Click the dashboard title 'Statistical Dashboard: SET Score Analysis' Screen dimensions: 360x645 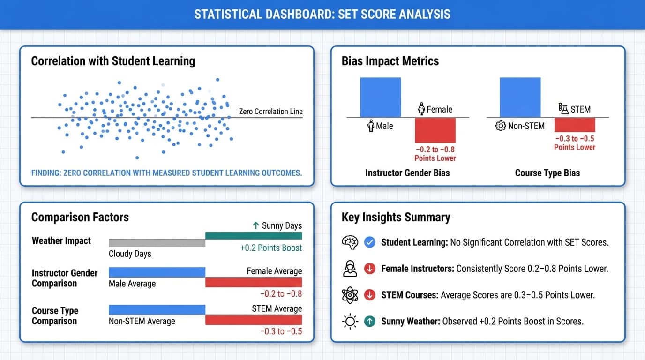(322, 14)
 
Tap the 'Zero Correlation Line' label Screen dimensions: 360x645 (270, 112)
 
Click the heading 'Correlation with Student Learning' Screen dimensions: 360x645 (113, 61)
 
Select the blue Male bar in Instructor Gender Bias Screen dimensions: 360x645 (380, 97)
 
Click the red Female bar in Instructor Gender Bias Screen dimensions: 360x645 (435, 130)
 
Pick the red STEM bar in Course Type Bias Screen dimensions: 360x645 (575, 125)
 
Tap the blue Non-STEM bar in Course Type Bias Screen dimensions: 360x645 (520, 97)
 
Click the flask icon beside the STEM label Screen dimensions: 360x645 (563, 109)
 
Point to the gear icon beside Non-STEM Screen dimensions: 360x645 (501, 126)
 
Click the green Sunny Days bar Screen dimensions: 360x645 (254, 236)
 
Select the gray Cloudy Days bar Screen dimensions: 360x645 (157, 243)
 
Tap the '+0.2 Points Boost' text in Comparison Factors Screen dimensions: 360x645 (271, 248)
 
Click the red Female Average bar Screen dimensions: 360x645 (254, 282)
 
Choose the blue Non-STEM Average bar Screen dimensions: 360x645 (157, 310)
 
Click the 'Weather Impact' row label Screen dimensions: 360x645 (61, 241)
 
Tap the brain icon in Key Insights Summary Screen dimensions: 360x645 (350, 242)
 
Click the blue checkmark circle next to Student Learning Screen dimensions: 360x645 (370, 242)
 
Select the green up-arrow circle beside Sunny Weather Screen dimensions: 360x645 (370, 322)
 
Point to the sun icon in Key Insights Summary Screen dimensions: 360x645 (350, 322)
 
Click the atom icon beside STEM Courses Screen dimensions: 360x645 (350, 295)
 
